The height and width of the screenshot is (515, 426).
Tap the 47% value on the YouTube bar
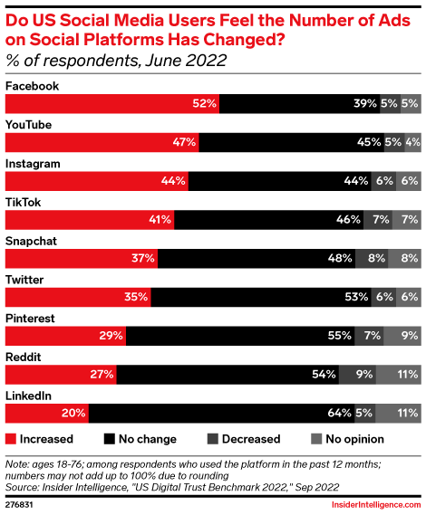(185, 142)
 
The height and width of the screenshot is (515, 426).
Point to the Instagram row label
(34, 164)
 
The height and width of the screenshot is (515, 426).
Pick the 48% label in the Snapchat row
(341, 259)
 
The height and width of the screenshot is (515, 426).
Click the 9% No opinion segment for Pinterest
(409, 336)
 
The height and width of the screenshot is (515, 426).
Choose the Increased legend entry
(40, 439)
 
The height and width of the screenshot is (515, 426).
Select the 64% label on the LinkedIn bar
(341, 414)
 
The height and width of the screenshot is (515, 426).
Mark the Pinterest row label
(31, 319)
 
